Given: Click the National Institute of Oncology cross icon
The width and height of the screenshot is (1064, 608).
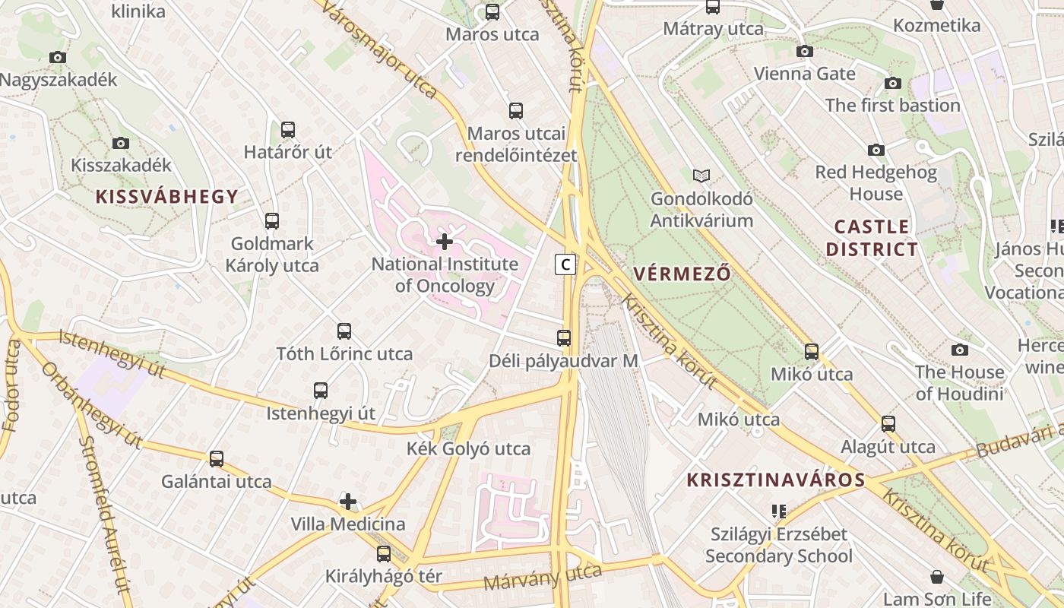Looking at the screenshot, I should [x=445, y=242].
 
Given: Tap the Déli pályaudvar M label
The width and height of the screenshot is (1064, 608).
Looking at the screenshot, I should [x=563, y=361].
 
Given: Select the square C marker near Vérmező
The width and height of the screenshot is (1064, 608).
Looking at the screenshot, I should [x=565, y=264].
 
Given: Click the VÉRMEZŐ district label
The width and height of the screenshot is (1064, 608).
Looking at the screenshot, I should [x=682, y=274].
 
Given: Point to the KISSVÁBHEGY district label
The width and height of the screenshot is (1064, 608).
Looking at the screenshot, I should [x=167, y=197].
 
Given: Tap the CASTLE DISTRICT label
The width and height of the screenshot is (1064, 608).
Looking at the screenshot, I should [x=872, y=238].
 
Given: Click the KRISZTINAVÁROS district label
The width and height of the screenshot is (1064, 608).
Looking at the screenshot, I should [x=776, y=480].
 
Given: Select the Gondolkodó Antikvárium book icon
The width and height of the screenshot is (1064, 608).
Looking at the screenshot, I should [x=701, y=176].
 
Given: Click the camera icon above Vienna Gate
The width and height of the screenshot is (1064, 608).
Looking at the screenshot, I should [x=804, y=51].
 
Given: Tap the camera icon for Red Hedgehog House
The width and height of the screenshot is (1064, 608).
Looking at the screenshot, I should [x=876, y=150].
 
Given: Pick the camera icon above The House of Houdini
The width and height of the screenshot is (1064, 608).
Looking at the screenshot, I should [x=960, y=350].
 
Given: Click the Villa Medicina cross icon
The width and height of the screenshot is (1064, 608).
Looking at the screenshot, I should [x=348, y=502].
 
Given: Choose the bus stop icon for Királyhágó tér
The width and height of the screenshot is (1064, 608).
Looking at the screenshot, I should [x=384, y=553].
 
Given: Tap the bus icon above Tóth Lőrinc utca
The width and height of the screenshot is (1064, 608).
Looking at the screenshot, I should [x=344, y=331].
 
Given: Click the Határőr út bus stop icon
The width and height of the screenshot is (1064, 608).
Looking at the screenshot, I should [x=288, y=130].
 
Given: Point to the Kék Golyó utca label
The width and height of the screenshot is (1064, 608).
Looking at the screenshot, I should [x=468, y=448].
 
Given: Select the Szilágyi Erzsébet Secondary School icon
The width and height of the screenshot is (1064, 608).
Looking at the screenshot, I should [x=778, y=511].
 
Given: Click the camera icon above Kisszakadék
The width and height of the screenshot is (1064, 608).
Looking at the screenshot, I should [x=121, y=143].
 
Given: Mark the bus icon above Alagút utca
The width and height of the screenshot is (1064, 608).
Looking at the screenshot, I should [x=888, y=424].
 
